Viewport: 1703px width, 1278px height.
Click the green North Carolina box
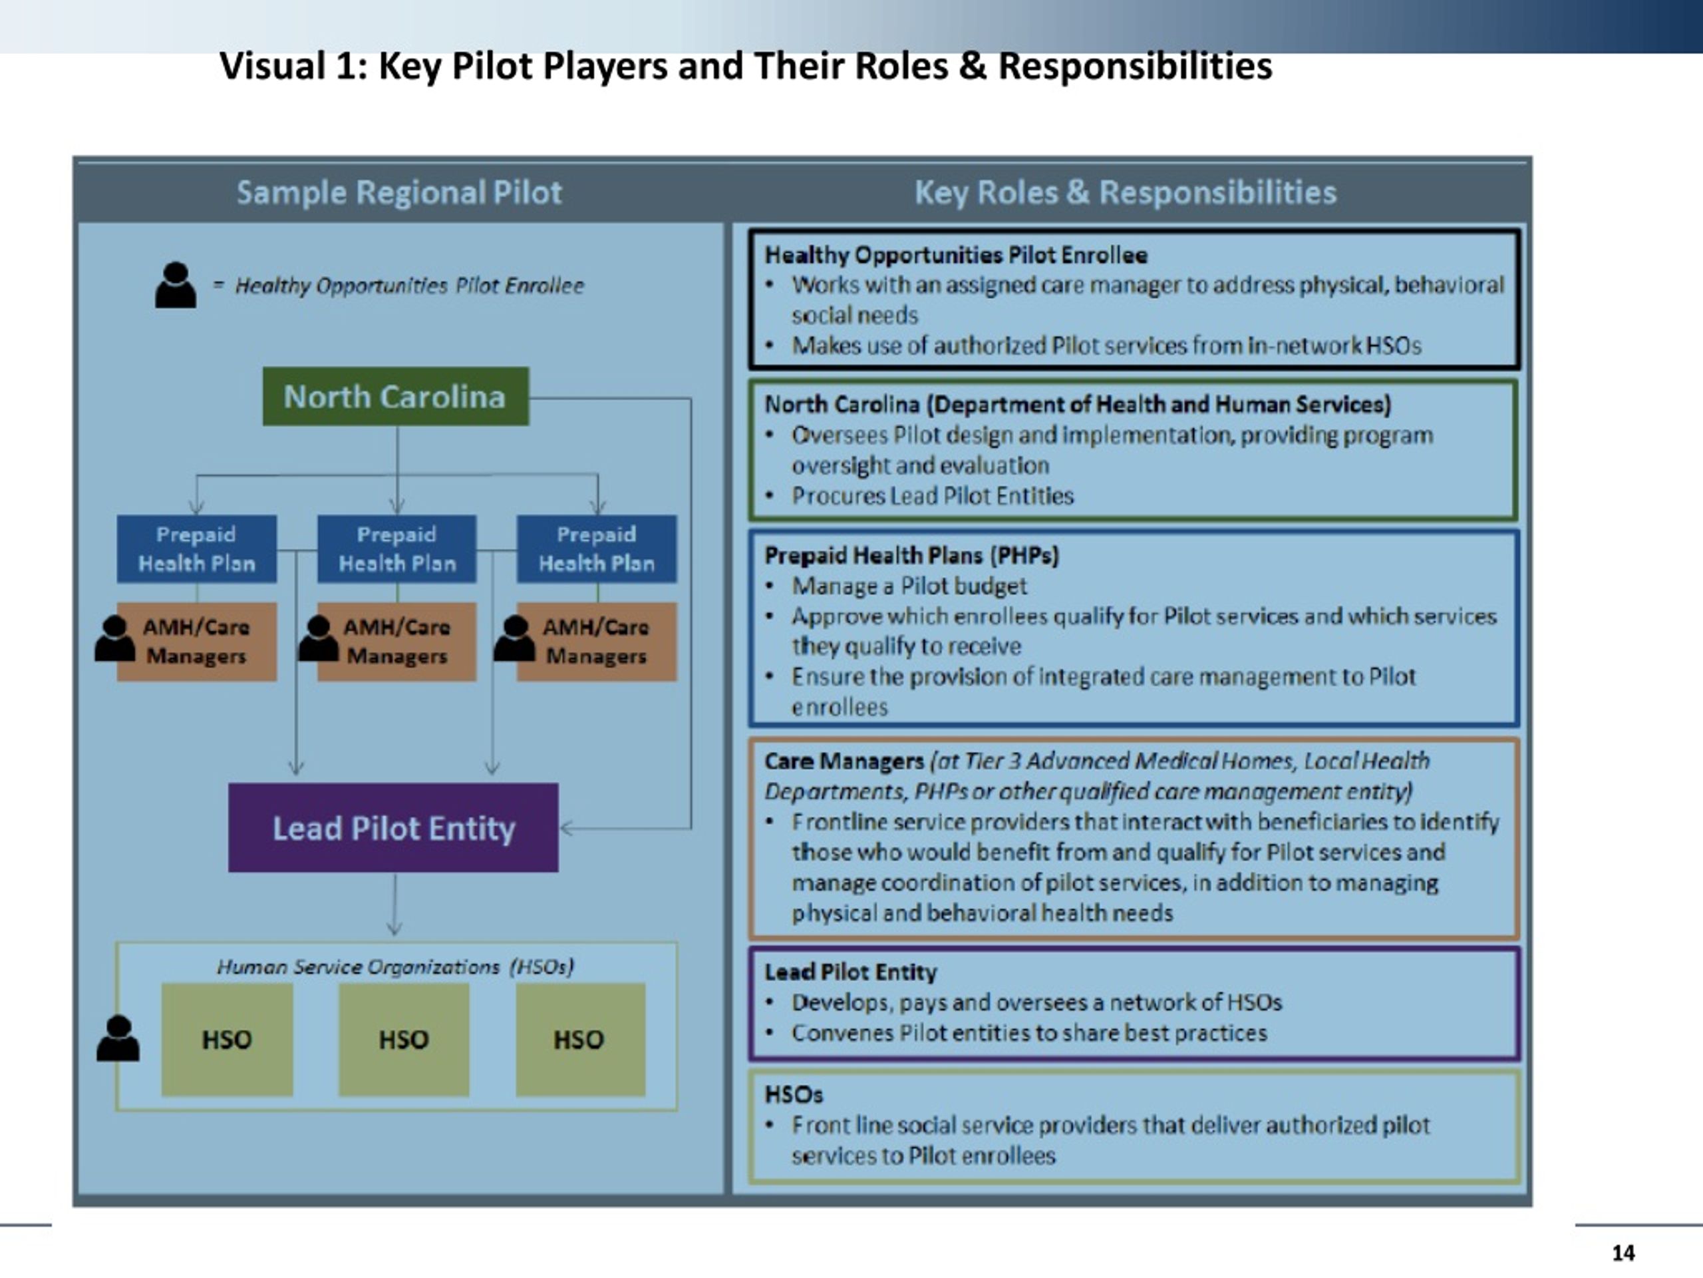pyautogui.click(x=396, y=397)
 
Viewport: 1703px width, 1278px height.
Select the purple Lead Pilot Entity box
pyautogui.click(x=393, y=828)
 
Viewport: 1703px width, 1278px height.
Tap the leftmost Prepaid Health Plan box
pyautogui.click(x=197, y=548)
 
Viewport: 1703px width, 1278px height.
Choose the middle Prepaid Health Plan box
pyautogui.click(x=397, y=548)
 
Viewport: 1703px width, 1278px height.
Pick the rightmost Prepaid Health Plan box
pyautogui.click(x=597, y=548)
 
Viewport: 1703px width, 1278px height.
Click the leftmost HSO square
pyautogui.click(x=227, y=1039)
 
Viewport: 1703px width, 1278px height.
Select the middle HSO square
pyautogui.click(x=403, y=1039)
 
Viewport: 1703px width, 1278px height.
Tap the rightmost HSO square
pyautogui.click(x=581, y=1039)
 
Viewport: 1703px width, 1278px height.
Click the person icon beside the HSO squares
pyautogui.click(x=118, y=1038)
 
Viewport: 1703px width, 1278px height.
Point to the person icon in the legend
pyautogui.click(x=176, y=285)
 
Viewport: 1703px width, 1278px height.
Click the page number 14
pyautogui.click(x=1623, y=1253)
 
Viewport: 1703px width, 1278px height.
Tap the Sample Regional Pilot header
pyautogui.click(x=398, y=192)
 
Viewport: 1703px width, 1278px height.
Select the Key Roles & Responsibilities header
pyautogui.click(x=1126, y=192)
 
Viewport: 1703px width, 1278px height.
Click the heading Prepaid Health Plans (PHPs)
pyautogui.click(x=911, y=555)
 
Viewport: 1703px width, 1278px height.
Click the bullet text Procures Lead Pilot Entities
pyautogui.click(x=933, y=496)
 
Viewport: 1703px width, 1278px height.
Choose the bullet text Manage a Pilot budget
pyautogui.click(x=909, y=586)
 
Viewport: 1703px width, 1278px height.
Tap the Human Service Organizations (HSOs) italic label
pyautogui.click(x=396, y=966)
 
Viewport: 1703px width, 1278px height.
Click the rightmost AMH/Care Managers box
pyautogui.click(x=597, y=642)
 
